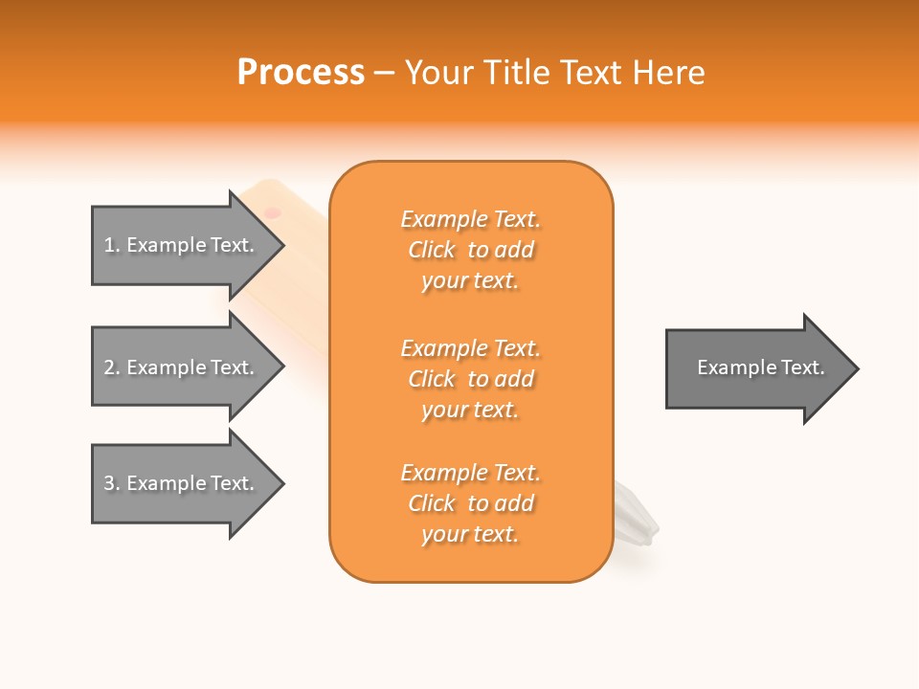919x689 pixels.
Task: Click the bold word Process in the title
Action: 301,73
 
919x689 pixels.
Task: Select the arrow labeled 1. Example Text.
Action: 178,245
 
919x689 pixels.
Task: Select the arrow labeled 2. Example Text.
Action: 178,367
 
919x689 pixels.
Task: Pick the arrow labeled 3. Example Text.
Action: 178,483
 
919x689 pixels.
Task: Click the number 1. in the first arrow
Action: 112,245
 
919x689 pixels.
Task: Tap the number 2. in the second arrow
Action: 112,367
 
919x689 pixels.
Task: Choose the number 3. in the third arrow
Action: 112,483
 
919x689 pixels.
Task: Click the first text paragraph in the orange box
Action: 470,250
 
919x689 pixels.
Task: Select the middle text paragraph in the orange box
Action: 470,379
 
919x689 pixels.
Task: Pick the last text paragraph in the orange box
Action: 470,503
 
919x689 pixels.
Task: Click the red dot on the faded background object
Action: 272,212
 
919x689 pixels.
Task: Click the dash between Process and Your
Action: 385,73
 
